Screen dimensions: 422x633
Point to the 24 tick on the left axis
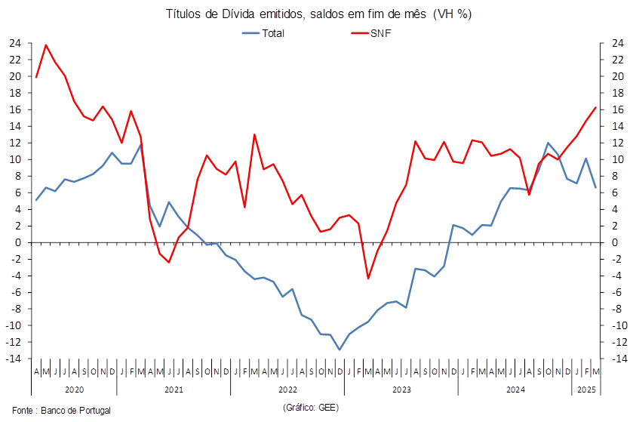coord(15,43)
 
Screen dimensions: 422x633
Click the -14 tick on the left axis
coord(14,359)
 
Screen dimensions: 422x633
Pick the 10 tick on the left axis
coord(15,159)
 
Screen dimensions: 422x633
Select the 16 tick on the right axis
coord(616,109)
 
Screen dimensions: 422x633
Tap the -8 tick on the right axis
coord(616,309)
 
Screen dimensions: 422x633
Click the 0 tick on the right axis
coord(613,242)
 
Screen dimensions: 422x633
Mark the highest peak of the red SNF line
coord(46,45)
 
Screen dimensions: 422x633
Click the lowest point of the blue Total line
coord(340,349)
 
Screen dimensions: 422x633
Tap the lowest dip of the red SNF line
coord(368,279)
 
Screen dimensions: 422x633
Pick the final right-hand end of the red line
coord(597,107)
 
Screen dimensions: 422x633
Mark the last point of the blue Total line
coord(597,187)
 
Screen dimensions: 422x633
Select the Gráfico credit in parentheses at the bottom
coord(311,408)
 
